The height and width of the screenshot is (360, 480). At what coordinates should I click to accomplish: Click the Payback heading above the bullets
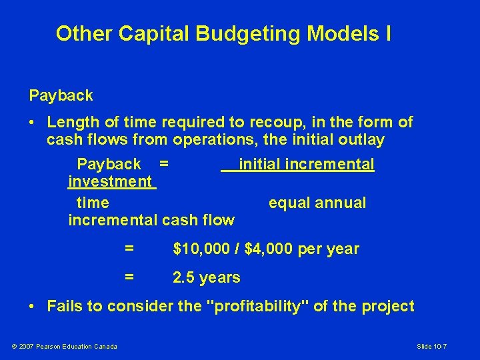pos(61,95)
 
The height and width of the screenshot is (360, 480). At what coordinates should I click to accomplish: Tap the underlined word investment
pos(111,181)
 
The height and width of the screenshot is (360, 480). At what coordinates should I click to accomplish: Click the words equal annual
pos(317,203)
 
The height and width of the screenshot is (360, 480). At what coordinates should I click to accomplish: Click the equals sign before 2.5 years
pos(129,277)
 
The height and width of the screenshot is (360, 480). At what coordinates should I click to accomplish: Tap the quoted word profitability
pos(263,307)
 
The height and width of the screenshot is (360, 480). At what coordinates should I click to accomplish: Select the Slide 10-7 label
pos(441,346)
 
